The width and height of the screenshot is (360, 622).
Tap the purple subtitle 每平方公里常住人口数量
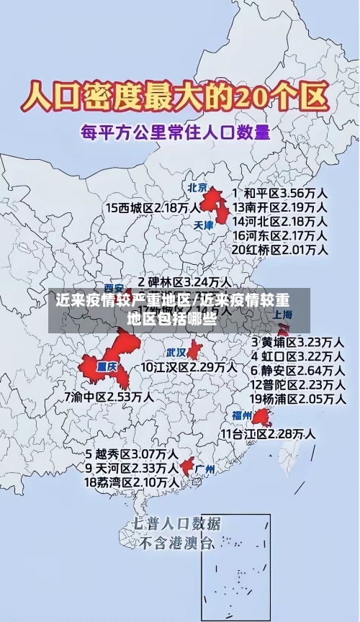[175, 132]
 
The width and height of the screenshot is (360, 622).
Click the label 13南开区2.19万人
[280, 207]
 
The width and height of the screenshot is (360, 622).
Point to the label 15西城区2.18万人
[153, 208]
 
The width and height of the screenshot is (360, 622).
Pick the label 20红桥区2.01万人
[280, 250]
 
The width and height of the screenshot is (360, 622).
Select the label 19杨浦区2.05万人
[297, 398]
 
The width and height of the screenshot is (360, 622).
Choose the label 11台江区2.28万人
[267, 434]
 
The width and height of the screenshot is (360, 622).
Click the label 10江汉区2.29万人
[189, 367]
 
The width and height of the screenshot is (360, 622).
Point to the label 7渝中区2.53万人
[108, 397]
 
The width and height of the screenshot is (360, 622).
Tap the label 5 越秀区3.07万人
[132, 454]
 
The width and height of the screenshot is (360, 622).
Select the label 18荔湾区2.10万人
[132, 482]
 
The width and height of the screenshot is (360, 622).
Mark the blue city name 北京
[197, 187]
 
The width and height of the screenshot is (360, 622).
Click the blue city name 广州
[205, 469]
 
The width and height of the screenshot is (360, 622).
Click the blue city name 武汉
[176, 353]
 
